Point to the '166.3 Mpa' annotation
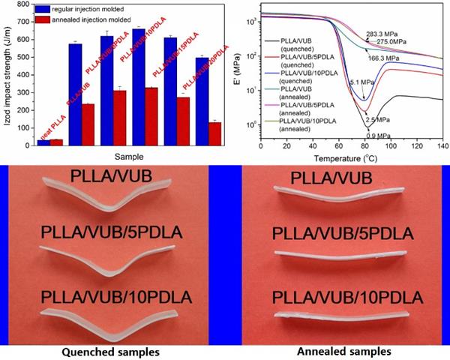click(x=384, y=58)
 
